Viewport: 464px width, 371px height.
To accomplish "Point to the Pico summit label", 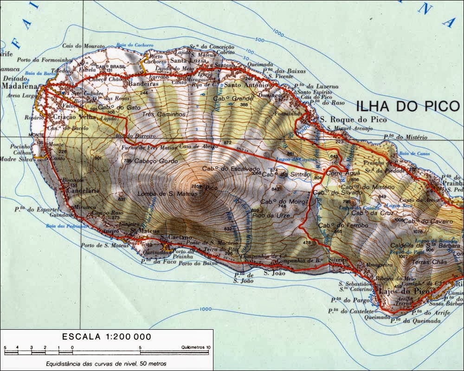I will click(x=211, y=188).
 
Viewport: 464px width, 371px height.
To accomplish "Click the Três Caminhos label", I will click(x=164, y=114).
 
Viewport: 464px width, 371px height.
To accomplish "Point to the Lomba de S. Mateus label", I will click(x=161, y=193).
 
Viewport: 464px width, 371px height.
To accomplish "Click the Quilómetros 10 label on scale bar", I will click(x=196, y=347).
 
